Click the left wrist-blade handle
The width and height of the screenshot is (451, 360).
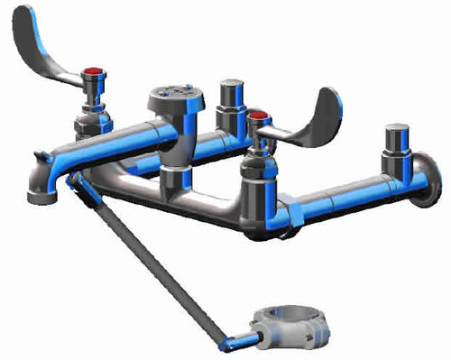tap(45, 45)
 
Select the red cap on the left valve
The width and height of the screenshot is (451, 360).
tap(92, 73)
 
